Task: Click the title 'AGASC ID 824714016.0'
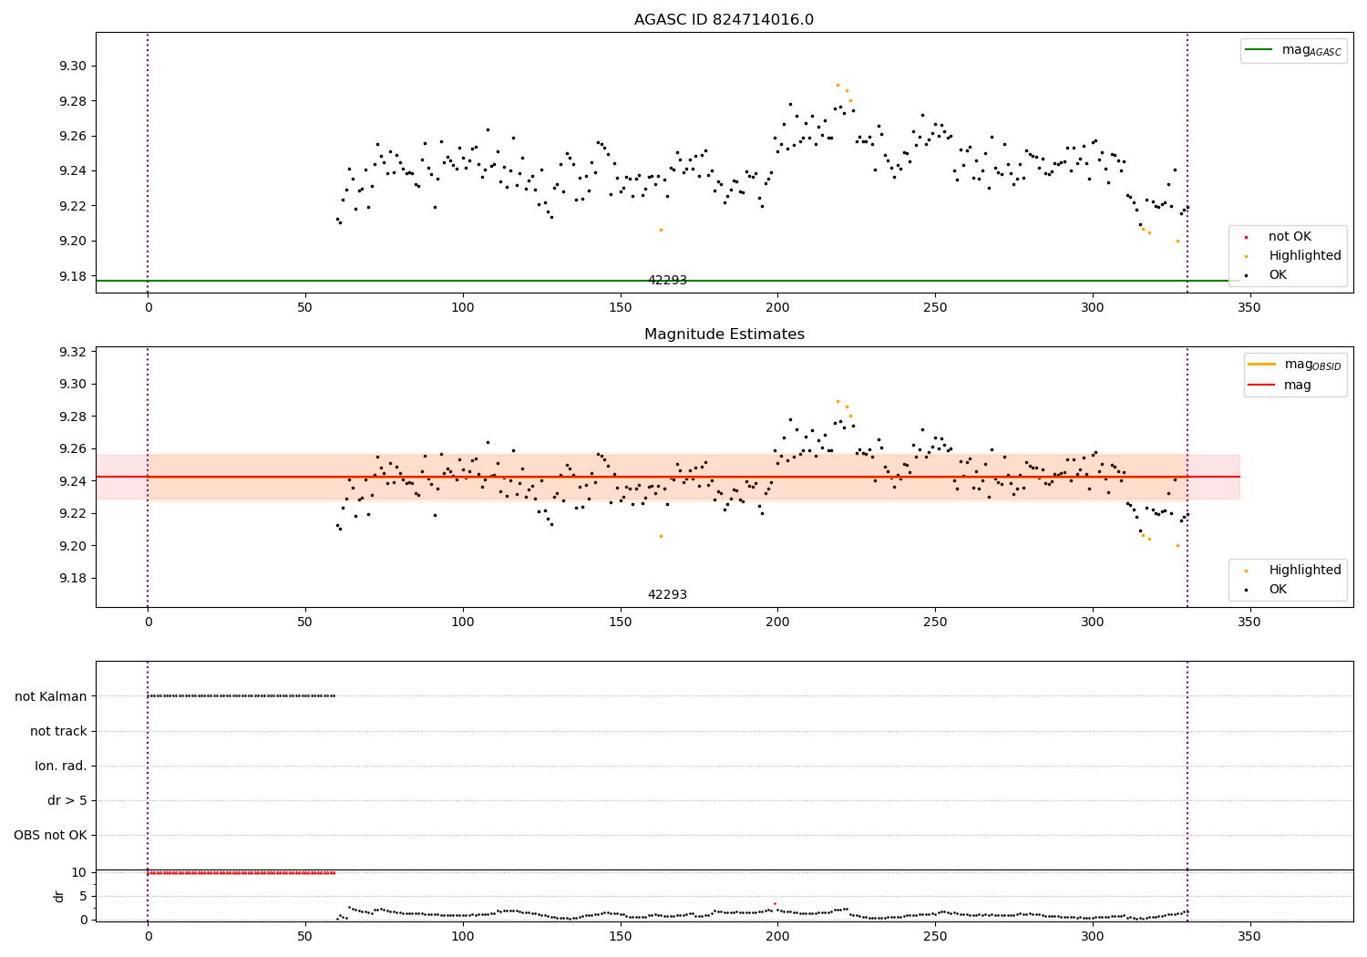[724, 20]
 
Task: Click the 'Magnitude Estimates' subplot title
[724, 334]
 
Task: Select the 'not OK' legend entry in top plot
[1290, 237]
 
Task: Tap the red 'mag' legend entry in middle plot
[1297, 386]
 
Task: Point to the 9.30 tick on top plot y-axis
[73, 67]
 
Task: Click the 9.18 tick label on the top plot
[73, 276]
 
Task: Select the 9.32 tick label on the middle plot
[73, 352]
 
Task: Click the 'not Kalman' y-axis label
[51, 696]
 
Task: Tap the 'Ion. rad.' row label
[61, 767]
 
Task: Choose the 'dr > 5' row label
[67, 801]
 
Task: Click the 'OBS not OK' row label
[51, 836]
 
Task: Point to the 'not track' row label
[58, 732]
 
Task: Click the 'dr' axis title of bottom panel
[59, 896]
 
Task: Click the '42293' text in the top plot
[667, 281]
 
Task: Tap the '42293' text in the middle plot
[667, 595]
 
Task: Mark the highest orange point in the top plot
[838, 85]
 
